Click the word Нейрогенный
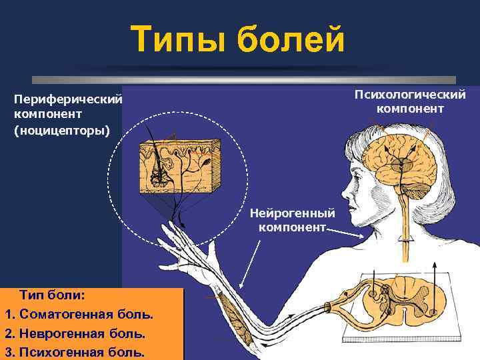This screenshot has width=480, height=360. (293, 213)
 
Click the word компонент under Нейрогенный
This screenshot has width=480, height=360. (293, 227)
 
